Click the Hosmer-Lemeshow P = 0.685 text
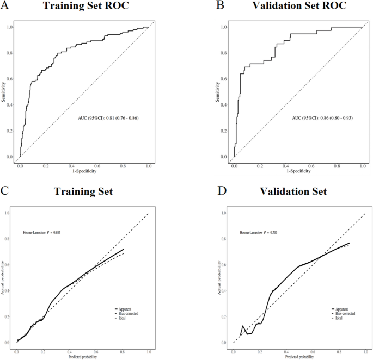(41, 232)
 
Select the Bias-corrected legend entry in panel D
(344, 314)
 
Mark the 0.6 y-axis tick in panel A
(9, 79)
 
